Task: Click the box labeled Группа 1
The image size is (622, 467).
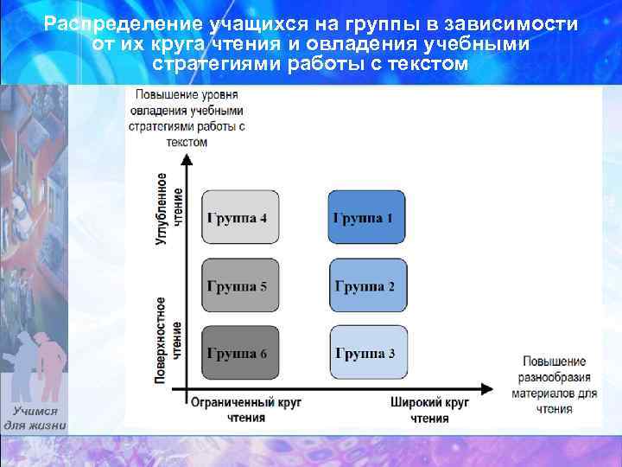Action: tap(367, 217)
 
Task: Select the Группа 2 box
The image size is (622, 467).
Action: tap(367, 285)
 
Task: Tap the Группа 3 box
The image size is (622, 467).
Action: tap(367, 354)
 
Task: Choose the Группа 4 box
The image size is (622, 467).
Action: tap(241, 217)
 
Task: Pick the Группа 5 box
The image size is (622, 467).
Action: tap(241, 285)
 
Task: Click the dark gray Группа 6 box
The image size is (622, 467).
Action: tap(241, 354)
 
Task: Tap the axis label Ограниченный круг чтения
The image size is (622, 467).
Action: tap(246, 410)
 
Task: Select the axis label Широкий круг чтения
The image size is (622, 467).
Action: tap(429, 410)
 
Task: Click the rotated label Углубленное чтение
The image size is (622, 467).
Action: tap(169, 208)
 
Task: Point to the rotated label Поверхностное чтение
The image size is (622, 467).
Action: tap(169, 339)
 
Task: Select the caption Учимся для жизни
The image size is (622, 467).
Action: tap(35, 419)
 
